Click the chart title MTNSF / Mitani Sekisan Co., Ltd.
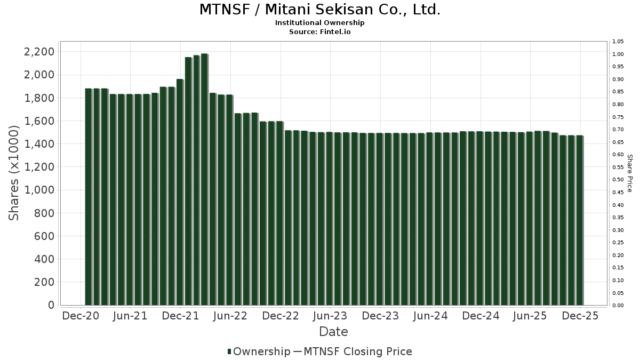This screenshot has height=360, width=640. pos(320,10)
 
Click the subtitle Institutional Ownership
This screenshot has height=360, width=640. pos(320,23)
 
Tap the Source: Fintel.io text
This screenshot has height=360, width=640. pos(320,31)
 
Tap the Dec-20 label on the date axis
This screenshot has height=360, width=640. pos(81,316)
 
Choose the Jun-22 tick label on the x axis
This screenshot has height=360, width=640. pos(230,316)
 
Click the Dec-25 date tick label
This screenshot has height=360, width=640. pos(580,316)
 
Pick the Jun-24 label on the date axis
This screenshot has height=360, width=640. pos(430,316)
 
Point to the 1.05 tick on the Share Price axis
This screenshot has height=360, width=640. pos(618,42)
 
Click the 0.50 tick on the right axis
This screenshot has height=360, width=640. pos(618,180)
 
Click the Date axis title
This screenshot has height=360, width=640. pos(333,332)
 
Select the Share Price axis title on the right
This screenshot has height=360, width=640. pos(630,173)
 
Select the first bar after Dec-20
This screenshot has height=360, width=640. pos(89,197)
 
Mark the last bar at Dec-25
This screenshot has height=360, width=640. pos(579,220)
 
